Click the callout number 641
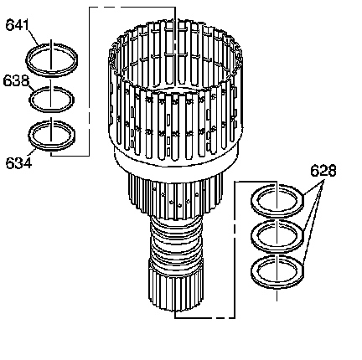18,25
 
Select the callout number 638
16,80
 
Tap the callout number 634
18,163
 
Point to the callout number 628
323,171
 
